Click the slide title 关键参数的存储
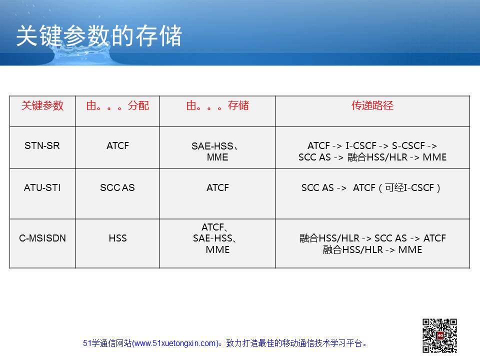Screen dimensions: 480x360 [99, 36]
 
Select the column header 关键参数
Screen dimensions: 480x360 [42, 105]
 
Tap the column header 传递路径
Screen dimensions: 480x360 [372, 105]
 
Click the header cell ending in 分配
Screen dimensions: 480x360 [117, 105]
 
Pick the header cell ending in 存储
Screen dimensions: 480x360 [217, 105]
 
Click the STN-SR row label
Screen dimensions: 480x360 [42, 145]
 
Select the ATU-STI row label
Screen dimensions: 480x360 [42, 187]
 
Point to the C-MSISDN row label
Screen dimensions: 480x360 [42, 238]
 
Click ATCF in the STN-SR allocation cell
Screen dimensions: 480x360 [117, 145]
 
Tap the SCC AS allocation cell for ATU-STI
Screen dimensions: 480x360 [117, 187]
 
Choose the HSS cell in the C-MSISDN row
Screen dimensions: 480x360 [117, 238]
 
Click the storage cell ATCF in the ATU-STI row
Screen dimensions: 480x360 [217, 187]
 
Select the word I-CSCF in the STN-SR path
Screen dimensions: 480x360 [361, 145]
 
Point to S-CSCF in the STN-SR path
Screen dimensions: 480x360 [408, 145]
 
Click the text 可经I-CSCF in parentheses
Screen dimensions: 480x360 [409, 187]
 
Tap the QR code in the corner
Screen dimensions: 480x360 [439, 335]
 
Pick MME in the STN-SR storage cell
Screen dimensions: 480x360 [217, 157]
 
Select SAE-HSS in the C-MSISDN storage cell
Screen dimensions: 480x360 [212, 238]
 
